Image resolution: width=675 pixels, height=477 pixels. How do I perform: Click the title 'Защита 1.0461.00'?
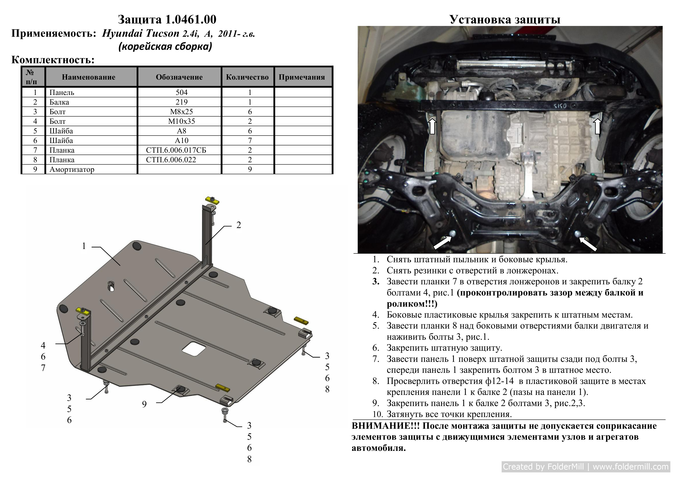[x=167, y=19]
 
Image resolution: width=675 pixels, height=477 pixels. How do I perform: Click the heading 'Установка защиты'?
[x=505, y=19]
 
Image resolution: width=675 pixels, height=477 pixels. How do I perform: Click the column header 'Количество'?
[x=247, y=77]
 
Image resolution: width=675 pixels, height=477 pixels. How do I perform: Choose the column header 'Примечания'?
[x=302, y=77]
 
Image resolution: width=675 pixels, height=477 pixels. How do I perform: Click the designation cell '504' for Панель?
[x=181, y=92]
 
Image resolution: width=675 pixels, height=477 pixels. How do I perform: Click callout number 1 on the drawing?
[x=84, y=246]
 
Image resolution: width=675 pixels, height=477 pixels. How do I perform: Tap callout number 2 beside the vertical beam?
[x=239, y=225]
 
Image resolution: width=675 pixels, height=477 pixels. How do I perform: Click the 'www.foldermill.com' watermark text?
[x=630, y=467]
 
